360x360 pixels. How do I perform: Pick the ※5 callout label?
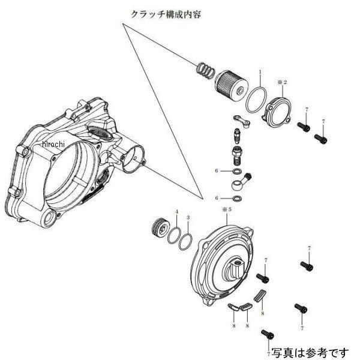click(227, 211)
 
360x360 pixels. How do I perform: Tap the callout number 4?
click(176, 212)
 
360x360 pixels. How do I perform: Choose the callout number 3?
click(188, 217)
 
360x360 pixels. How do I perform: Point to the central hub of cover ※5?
click(235, 266)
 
